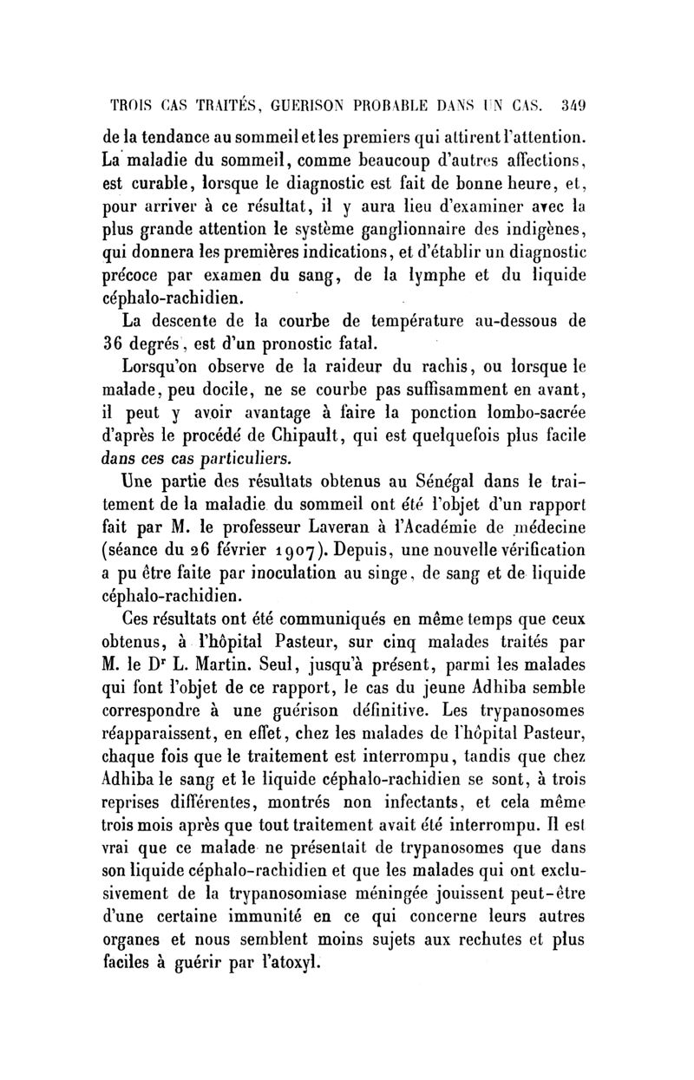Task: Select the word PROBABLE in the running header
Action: tap(415, 107)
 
